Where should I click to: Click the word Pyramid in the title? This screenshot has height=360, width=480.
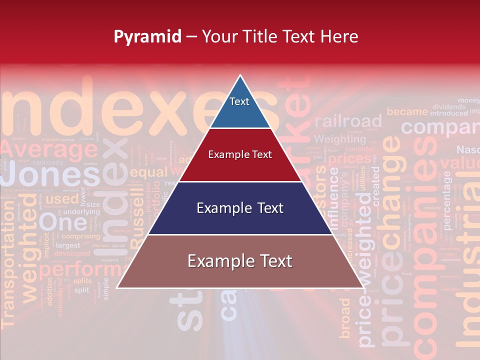coord(147,36)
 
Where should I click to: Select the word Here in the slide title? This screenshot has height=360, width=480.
coord(339,36)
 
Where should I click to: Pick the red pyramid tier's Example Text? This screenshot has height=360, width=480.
coord(240,154)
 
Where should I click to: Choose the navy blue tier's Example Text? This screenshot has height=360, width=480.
coord(240,208)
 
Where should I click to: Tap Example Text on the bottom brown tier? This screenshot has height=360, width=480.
coord(240,261)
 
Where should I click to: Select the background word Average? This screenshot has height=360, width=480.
coord(49,148)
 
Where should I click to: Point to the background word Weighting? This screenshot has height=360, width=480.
coord(340,139)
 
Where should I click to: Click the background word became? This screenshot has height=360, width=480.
coord(407,112)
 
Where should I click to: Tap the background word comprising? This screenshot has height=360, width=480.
coord(81,236)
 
